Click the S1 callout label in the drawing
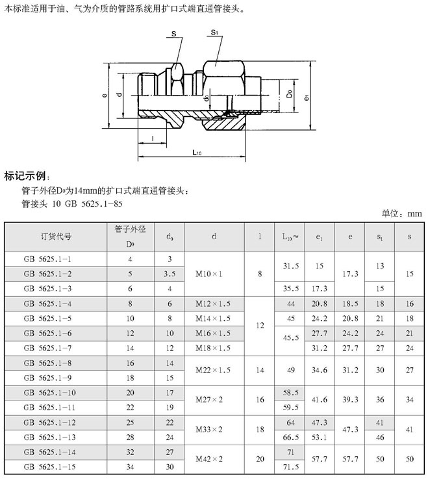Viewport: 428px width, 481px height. [x=214, y=32]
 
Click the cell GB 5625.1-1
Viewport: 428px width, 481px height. [x=47, y=259]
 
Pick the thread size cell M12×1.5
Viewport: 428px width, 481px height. [x=214, y=304]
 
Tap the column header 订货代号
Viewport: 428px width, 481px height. [x=56, y=237]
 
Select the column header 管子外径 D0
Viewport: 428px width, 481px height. [x=129, y=237]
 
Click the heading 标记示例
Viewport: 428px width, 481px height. [x=27, y=176]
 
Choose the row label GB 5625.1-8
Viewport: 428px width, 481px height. [x=47, y=363]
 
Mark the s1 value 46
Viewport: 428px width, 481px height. [x=380, y=437]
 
